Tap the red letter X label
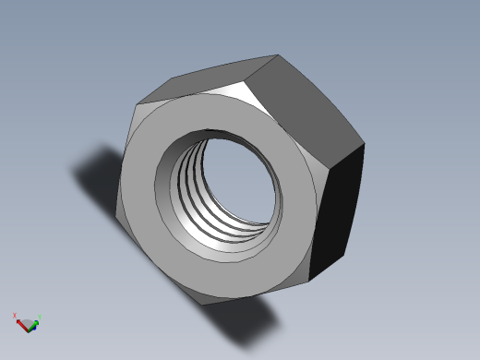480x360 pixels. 16,316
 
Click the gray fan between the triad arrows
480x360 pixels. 27,323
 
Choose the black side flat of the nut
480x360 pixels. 337,212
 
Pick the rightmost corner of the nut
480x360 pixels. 365,144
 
